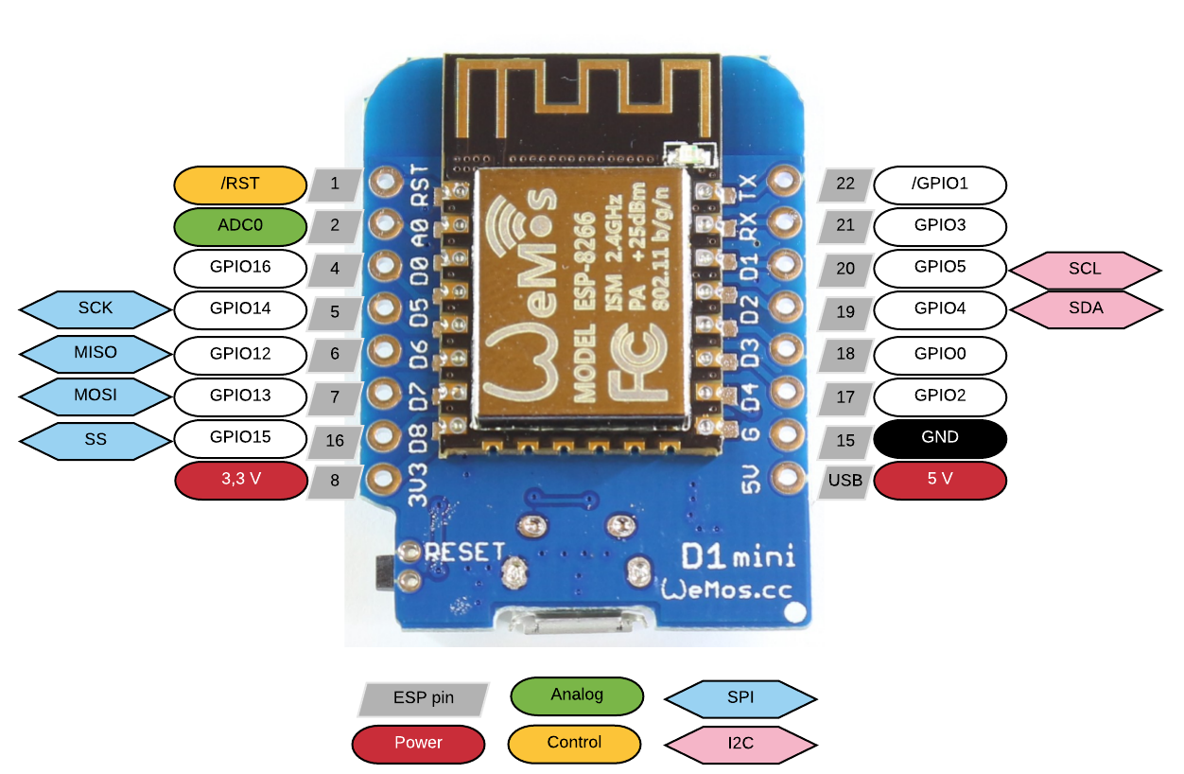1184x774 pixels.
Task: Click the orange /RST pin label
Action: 240,185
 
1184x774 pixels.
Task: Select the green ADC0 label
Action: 240,227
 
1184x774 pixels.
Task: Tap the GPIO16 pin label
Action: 240,268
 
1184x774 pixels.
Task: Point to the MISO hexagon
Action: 96,353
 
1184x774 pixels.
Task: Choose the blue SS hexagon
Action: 96,440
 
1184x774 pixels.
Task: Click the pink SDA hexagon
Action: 1085,309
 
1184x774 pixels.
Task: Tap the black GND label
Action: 940,438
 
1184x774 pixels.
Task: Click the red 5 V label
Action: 940,480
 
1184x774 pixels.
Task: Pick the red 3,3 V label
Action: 240,480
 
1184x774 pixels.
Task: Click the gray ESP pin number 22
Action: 845,185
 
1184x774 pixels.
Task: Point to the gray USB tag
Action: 845,481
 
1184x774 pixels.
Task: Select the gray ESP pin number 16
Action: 335,440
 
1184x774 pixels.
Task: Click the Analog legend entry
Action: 576,695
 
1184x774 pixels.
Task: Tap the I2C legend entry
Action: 740,743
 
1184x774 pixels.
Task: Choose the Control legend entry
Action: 574,743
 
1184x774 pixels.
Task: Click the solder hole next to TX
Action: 783,181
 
